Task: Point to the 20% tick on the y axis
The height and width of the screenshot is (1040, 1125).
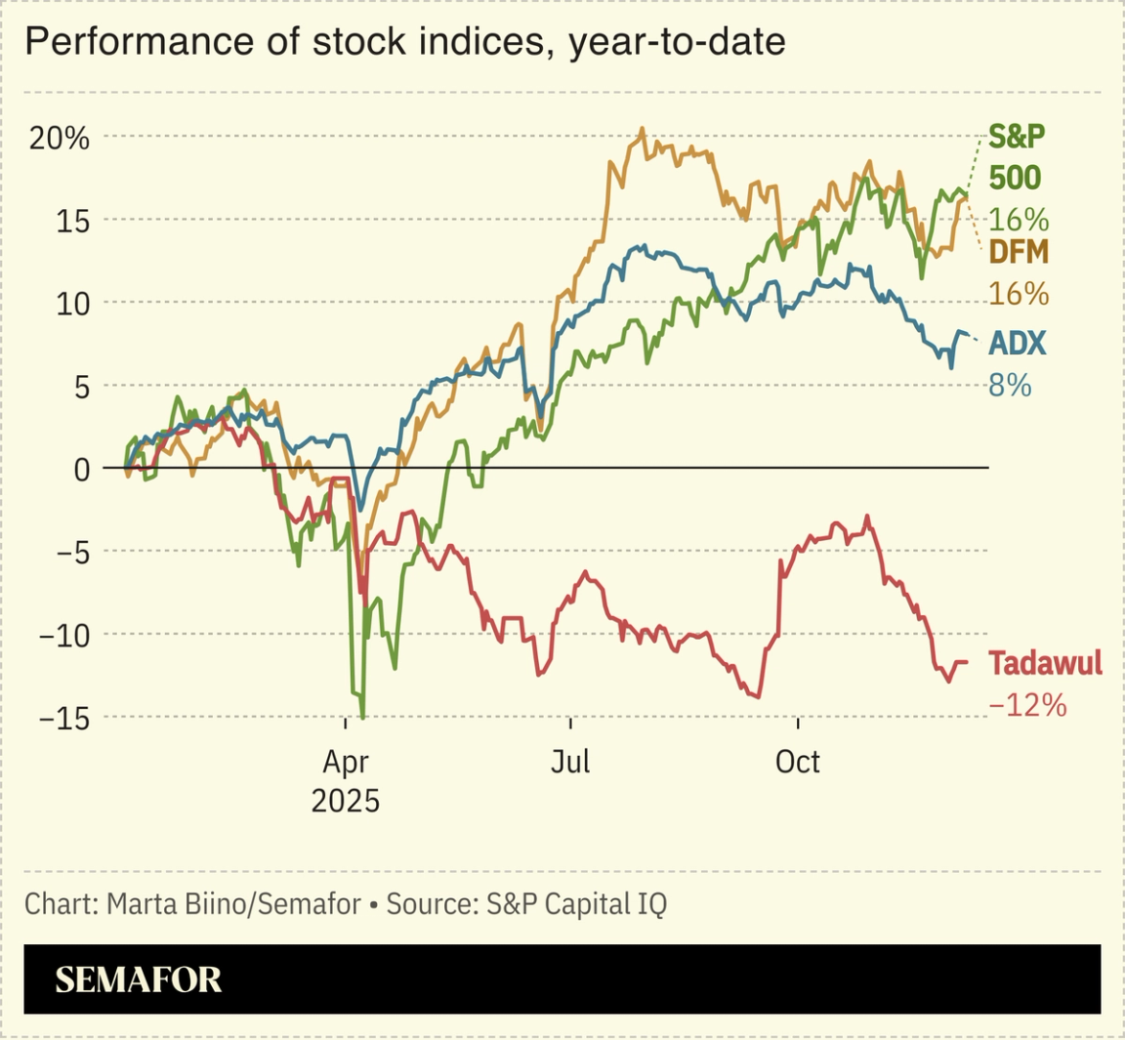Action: coord(59,139)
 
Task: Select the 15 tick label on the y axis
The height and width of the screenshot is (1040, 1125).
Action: coord(71,222)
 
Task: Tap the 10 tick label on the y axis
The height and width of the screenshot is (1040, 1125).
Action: coord(71,305)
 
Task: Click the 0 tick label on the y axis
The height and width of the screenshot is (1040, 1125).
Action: coord(81,470)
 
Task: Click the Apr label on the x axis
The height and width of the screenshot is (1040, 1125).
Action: coord(346,762)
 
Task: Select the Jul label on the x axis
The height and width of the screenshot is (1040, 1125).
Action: coord(570,762)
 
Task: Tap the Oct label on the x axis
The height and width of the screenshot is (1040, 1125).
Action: coord(798,762)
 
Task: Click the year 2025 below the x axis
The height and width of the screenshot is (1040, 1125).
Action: coord(346,802)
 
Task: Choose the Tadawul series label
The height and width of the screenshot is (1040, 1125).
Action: coord(1045,664)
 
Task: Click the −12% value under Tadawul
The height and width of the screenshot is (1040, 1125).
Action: coord(1027,705)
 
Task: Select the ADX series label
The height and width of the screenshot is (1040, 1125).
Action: coord(1017,344)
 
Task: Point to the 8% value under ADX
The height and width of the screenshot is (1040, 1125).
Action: coord(1010,386)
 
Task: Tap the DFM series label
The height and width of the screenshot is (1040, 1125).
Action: coord(1019,253)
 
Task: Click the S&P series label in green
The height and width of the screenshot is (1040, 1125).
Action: coord(1017,137)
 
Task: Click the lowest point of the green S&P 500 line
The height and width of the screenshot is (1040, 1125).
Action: coord(363,718)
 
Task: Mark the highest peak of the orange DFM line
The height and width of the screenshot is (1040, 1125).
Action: coord(642,129)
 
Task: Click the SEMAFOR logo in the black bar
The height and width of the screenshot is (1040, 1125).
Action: coord(139,979)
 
